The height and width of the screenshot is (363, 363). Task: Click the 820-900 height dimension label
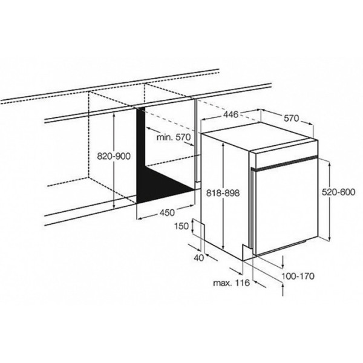[x=114, y=156]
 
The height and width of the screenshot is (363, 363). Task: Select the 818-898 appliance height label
[x=223, y=192]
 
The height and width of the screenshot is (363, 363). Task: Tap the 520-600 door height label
[x=338, y=192]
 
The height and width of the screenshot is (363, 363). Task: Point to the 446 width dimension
[x=231, y=114]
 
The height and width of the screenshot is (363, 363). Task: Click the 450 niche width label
[x=167, y=212]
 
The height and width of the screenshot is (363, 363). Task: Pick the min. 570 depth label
[x=174, y=137]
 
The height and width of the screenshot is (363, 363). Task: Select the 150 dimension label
[x=181, y=226]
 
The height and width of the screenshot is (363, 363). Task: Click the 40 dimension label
[x=199, y=258]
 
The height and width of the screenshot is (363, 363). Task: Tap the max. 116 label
[x=231, y=283]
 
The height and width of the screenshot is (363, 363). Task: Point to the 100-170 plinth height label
[x=298, y=276]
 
